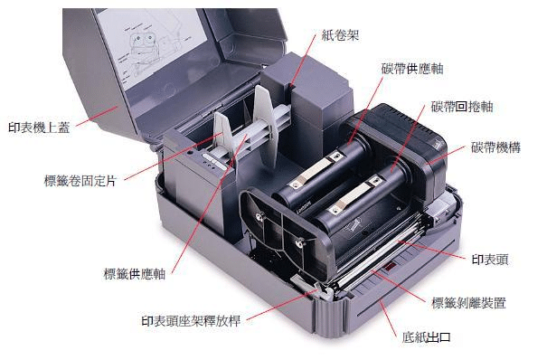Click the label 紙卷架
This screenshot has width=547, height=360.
point(340,35)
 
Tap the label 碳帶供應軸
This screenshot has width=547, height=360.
point(412,69)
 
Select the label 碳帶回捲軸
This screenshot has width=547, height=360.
point(462,107)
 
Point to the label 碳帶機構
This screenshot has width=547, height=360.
point(495,147)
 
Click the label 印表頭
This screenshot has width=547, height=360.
point(490,260)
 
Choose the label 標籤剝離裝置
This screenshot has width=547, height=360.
point(468,302)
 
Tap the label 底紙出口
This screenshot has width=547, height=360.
point(426,337)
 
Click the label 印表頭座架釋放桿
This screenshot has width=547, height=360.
point(191,321)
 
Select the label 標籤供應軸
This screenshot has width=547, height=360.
point(135,274)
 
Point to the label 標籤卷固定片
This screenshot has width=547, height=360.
point(80,181)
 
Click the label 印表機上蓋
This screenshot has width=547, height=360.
point(39,128)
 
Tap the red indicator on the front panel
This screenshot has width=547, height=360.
point(390,268)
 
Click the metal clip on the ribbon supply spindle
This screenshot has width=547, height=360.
point(314,170)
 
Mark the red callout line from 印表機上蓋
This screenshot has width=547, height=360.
point(97,116)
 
